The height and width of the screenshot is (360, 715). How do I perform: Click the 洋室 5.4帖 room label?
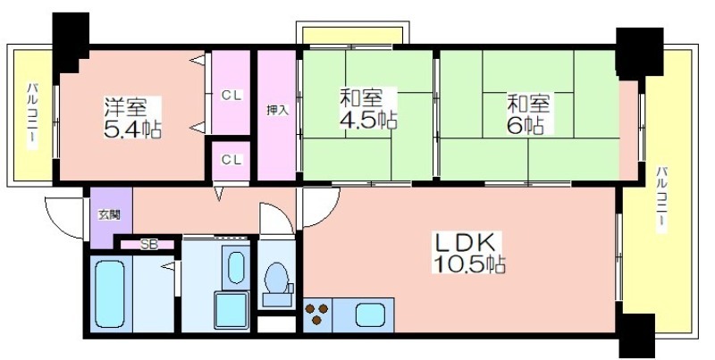coord(132,118)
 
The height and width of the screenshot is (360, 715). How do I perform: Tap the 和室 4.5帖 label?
coord(368,109)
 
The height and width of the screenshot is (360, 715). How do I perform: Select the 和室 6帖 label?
coord(529,114)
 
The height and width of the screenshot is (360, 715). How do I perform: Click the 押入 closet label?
coord(277,110)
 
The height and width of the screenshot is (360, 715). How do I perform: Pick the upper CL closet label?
coord(231,96)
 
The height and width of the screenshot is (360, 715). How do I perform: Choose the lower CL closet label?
coord(231,160)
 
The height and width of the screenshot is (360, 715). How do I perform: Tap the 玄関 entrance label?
coord(109,215)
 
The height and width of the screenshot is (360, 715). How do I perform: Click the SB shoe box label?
coord(148,245)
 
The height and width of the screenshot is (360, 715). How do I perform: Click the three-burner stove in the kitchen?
coord(317,314)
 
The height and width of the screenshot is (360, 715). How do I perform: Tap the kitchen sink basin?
coord(370,315)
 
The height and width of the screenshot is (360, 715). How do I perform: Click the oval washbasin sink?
coord(236,267)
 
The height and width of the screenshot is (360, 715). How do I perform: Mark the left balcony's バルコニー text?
coord(32,116)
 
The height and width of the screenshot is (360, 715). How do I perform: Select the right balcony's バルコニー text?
coord(662,200)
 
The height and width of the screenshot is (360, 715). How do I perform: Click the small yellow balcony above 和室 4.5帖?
coord(352,36)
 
